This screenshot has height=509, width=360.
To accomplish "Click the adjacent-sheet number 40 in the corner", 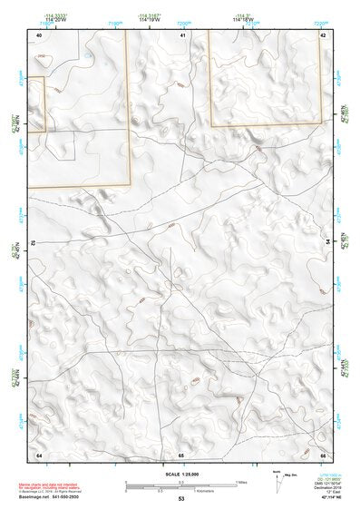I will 39,34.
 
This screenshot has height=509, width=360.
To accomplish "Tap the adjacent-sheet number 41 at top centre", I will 182,34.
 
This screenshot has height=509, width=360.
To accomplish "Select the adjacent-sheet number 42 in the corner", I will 323,34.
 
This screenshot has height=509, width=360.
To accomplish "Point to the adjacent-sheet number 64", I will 39,454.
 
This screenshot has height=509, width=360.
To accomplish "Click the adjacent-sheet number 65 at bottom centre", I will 181,454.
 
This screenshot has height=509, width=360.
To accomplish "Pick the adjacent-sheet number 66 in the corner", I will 323,454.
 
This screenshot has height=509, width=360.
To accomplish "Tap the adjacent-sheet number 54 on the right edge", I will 328,242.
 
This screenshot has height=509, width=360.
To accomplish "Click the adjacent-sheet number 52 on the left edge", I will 33,243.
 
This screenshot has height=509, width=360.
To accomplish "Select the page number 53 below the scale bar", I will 181,499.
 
